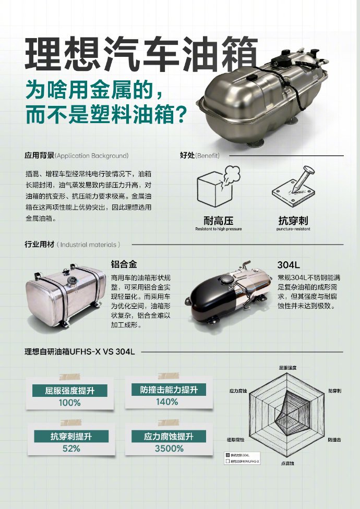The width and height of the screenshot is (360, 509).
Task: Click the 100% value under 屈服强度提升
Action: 69,403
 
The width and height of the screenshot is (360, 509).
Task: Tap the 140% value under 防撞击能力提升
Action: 167,402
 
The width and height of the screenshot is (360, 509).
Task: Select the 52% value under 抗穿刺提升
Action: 71,449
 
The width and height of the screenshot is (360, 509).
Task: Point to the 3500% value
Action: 169,449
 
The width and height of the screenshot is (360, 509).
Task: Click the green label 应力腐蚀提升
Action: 169,437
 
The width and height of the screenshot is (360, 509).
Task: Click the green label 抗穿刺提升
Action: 71,437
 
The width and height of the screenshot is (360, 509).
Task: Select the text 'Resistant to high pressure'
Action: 218,229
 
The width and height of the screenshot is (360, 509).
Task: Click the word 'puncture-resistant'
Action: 293,229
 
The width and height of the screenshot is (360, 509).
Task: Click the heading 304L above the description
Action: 287,264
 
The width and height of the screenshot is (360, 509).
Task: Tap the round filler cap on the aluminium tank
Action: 71,282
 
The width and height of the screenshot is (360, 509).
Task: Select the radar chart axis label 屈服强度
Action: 287,368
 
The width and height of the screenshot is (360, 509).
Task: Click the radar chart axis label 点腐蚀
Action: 287,463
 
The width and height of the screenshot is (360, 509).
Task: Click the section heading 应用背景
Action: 39,155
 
